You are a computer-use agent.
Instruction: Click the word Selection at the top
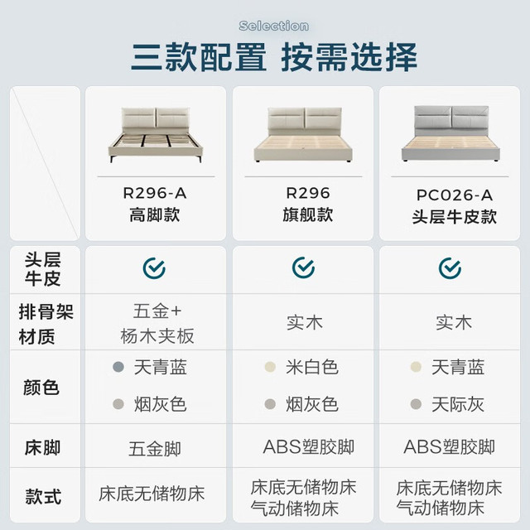[274, 26]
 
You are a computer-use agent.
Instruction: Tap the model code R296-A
[155, 193]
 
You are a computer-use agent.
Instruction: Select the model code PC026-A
[455, 195]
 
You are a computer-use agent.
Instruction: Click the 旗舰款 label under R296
[308, 215]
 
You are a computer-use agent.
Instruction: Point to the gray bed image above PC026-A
[450, 133]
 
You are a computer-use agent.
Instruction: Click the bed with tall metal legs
[156, 134]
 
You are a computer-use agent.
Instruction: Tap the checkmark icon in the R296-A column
[154, 268]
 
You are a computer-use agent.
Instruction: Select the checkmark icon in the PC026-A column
[450, 268]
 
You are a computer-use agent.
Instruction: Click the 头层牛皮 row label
[42, 269]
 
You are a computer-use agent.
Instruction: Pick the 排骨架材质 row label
[46, 324]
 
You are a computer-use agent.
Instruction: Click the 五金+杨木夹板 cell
[157, 324]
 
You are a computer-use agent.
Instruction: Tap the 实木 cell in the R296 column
[305, 322]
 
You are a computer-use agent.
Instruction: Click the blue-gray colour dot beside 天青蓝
[118, 367]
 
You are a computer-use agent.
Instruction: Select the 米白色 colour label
[312, 367]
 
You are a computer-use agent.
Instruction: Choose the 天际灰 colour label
[458, 404]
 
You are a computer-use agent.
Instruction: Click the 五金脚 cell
[155, 449]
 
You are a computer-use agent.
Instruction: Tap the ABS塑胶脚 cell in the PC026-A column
[449, 447]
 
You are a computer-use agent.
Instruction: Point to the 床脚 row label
[42, 447]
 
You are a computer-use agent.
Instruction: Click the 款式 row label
[43, 496]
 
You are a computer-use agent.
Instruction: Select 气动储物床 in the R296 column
[295, 508]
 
